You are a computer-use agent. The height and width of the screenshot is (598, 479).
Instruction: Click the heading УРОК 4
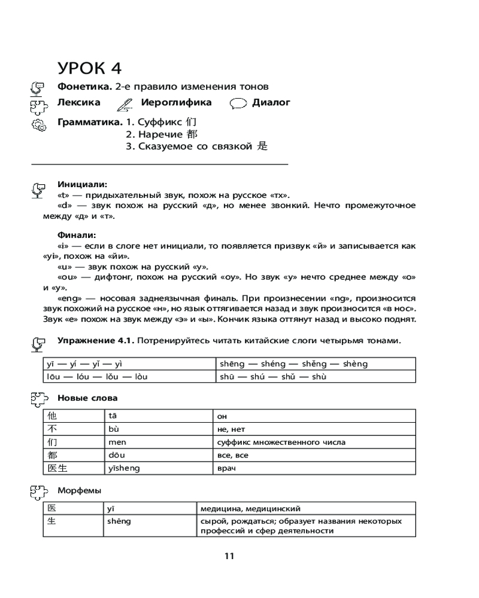click(x=93, y=68)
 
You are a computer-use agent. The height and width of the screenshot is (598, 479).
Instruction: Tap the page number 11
click(x=229, y=556)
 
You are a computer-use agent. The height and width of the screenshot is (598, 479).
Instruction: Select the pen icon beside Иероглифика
click(x=125, y=103)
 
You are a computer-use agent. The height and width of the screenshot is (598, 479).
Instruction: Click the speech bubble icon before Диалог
click(x=238, y=103)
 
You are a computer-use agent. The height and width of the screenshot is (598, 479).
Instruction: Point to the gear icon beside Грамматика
click(x=37, y=126)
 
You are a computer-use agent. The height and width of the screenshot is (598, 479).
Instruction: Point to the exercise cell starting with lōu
click(x=128, y=377)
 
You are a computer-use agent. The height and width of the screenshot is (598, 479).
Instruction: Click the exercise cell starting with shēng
click(x=314, y=364)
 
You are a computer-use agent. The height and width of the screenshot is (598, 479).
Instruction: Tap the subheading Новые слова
click(x=87, y=398)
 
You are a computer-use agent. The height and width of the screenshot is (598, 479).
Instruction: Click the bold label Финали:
click(x=76, y=234)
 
